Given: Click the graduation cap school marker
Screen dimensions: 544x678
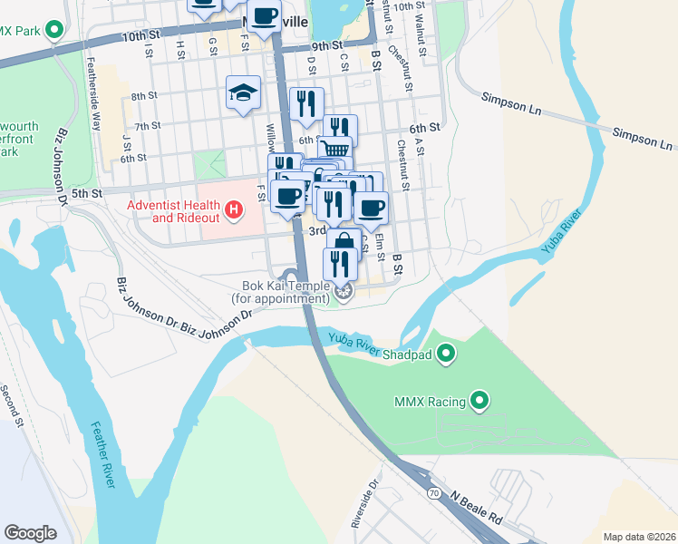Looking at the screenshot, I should point(243,92).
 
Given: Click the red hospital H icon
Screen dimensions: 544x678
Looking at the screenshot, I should point(235,211).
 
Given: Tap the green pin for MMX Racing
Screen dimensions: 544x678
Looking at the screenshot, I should point(480,400).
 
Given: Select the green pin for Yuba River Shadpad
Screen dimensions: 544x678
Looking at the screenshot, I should point(446,353).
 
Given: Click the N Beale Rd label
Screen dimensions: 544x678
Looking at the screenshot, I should point(475,509).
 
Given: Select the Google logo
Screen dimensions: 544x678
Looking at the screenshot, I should point(31,532).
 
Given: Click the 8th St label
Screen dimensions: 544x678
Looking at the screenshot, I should point(144,95).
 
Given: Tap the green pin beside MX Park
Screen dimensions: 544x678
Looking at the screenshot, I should point(53,30).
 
